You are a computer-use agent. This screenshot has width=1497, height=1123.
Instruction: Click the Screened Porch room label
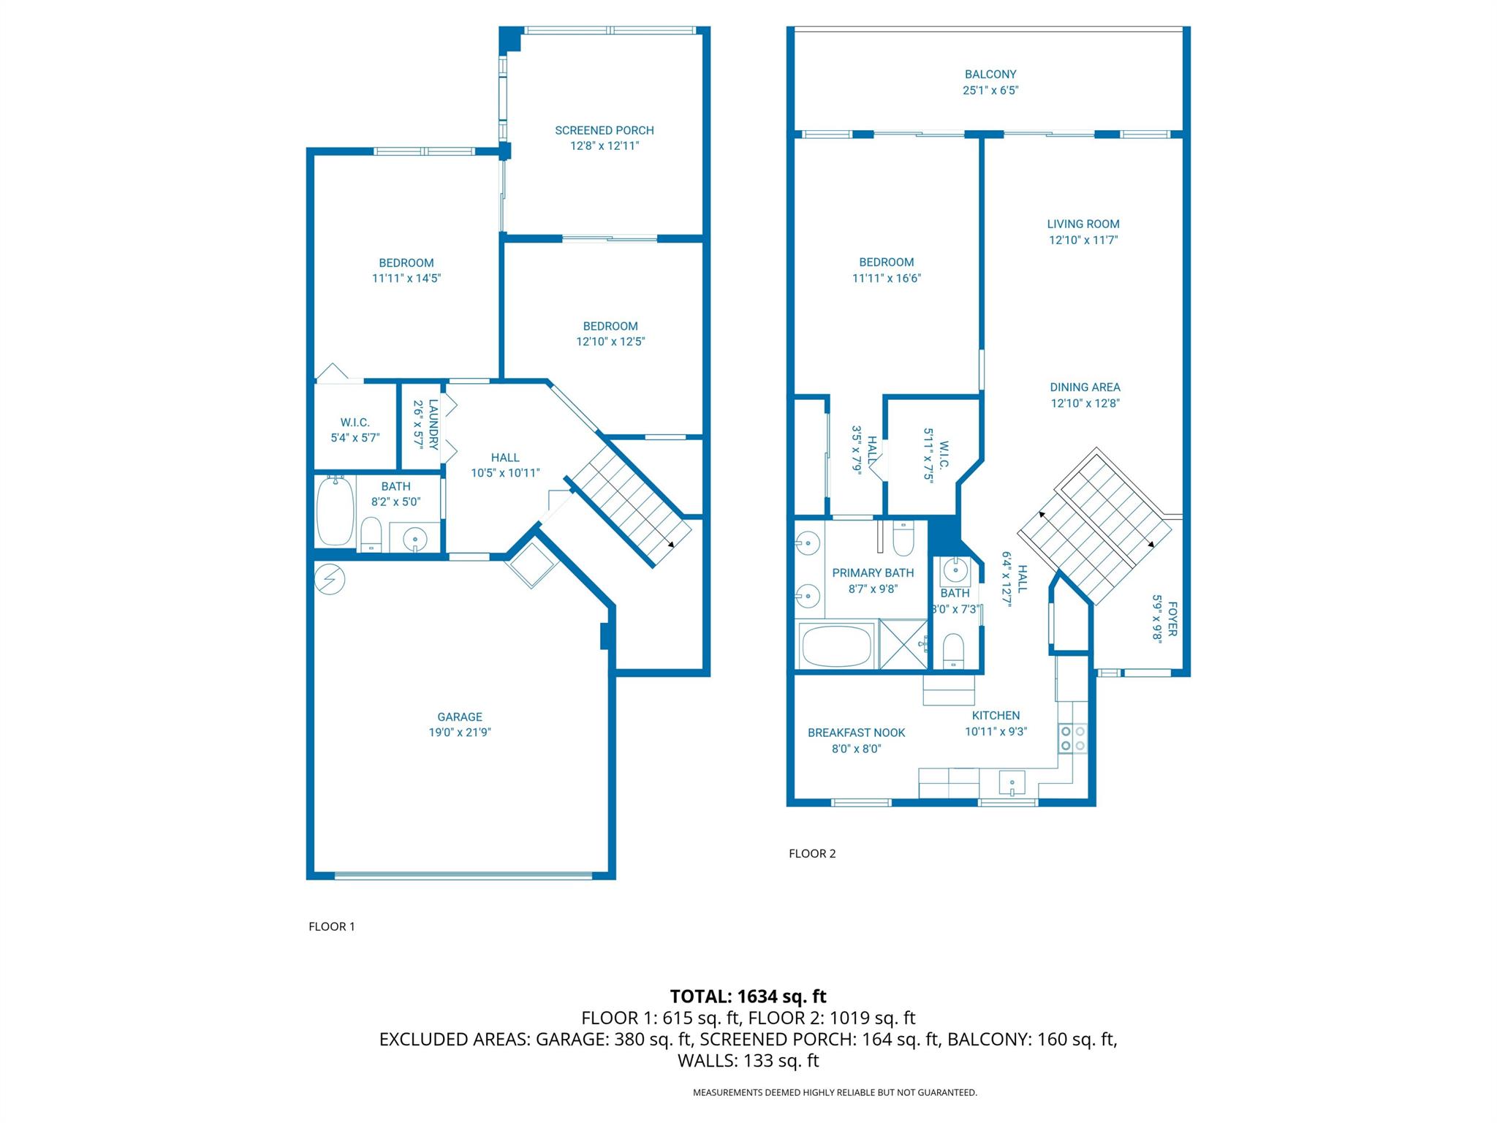(605, 130)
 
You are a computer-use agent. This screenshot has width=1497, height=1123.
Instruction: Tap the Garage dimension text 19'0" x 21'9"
(460, 733)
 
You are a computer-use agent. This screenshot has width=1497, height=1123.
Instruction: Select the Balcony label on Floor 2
(990, 74)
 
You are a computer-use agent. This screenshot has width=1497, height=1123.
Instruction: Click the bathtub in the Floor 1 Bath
(336, 511)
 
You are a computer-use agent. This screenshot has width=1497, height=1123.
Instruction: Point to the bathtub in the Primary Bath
(837, 645)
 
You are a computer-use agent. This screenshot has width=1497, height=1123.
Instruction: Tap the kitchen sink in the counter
(1012, 783)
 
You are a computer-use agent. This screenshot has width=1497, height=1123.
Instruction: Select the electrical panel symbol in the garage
(330, 579)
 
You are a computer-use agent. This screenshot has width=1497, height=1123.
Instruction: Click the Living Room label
(1083, 224)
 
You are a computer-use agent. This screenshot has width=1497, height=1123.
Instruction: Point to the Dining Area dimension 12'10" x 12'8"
(1085, 403)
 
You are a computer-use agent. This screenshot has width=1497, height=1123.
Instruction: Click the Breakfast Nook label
(857, 733)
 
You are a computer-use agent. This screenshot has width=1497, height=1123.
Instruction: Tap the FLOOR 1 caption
(332, 926)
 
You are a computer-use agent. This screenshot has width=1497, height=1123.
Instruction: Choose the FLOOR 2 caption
(812, 853)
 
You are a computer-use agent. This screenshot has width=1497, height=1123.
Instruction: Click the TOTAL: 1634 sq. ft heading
(748, 997)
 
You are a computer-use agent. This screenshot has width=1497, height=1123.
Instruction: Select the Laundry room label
(433, 424)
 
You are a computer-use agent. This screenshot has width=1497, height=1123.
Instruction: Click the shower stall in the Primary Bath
(904, 644)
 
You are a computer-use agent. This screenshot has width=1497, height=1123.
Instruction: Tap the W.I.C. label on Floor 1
(355, 423)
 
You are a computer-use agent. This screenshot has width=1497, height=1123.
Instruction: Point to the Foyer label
(1172, 619)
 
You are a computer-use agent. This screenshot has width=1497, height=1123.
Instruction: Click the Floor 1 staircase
(631, 506)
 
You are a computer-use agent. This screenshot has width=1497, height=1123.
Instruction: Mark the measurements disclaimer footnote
(835, 1092)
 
